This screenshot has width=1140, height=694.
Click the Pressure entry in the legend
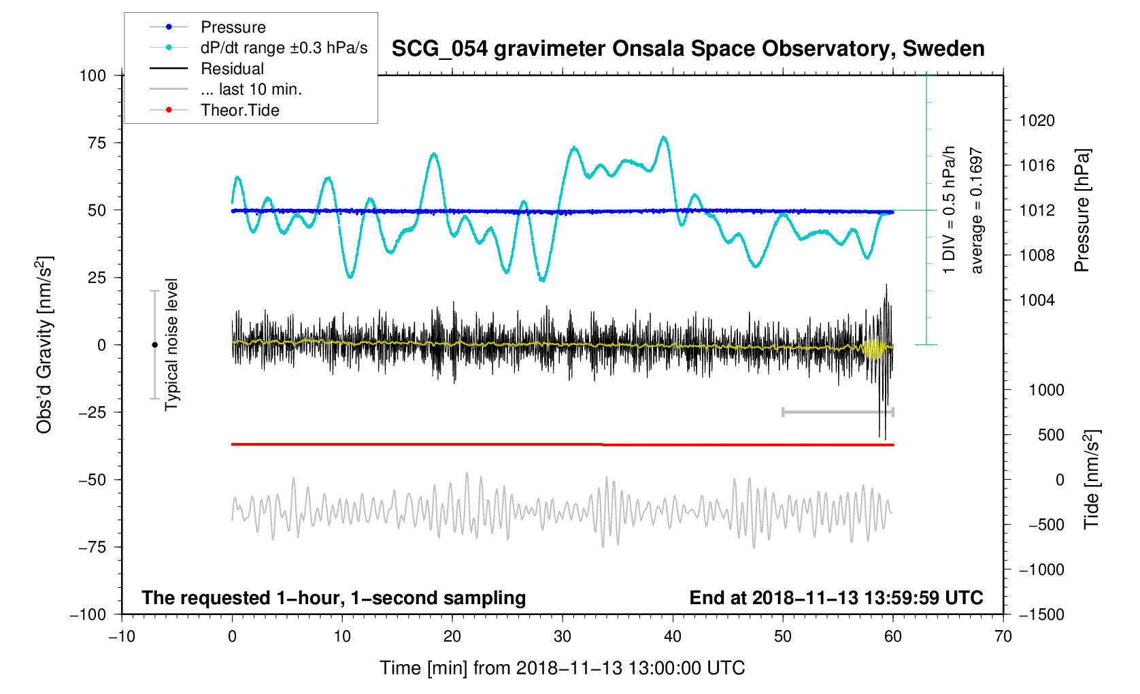coord(233,27)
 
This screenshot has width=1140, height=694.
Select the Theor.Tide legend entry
coord(239,110)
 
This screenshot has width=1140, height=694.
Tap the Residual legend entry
coord(232,69)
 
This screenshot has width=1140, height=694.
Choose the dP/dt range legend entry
coord(284,48)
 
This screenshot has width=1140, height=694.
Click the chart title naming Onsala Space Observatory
coord(688,49)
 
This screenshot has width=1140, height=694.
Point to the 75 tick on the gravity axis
coord(93,143)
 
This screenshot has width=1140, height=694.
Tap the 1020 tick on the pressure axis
coord(1037,121)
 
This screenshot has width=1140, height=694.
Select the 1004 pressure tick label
coord(1037,301)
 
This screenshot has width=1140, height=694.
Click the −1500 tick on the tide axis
coord(1041,614)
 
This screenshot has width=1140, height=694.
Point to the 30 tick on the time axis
coord(563,637)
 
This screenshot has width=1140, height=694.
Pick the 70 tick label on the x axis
coord(1003,637)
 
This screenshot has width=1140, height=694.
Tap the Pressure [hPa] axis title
coord(1082,210)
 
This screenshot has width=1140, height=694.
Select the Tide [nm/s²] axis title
coord(1092,479)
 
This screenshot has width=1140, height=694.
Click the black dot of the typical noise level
coord(154,345)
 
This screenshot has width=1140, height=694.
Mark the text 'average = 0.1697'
coord(977,210)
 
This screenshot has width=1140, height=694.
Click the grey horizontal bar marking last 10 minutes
coord(837,412)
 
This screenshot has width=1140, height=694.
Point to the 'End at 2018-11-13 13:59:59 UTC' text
coord(836,598)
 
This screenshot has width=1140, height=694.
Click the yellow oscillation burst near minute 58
coord(873,348)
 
